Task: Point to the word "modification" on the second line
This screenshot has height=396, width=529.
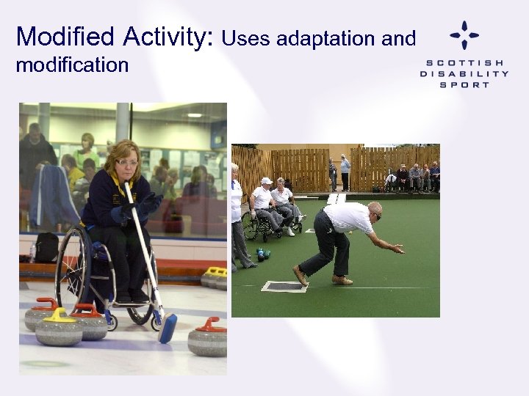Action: (x=72, y=65)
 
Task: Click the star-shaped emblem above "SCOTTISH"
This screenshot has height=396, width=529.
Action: (x=464, y=35)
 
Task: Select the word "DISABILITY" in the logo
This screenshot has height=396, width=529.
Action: (x=464, y=73)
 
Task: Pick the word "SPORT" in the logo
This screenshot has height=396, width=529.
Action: (x=464, y=84)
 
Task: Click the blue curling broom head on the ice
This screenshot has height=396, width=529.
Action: (x=168, y=328)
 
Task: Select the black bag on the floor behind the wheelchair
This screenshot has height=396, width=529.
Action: (x=47, y=247)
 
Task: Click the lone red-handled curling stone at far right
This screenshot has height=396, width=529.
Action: (x=208, y=337)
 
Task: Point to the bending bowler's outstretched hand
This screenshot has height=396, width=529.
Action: (x=397, y=249)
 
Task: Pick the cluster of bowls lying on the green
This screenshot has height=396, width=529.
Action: (x=262, y=254)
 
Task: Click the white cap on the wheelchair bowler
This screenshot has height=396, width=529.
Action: (x=266, y=180)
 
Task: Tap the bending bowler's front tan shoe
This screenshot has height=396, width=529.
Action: (x=342, y=279)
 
